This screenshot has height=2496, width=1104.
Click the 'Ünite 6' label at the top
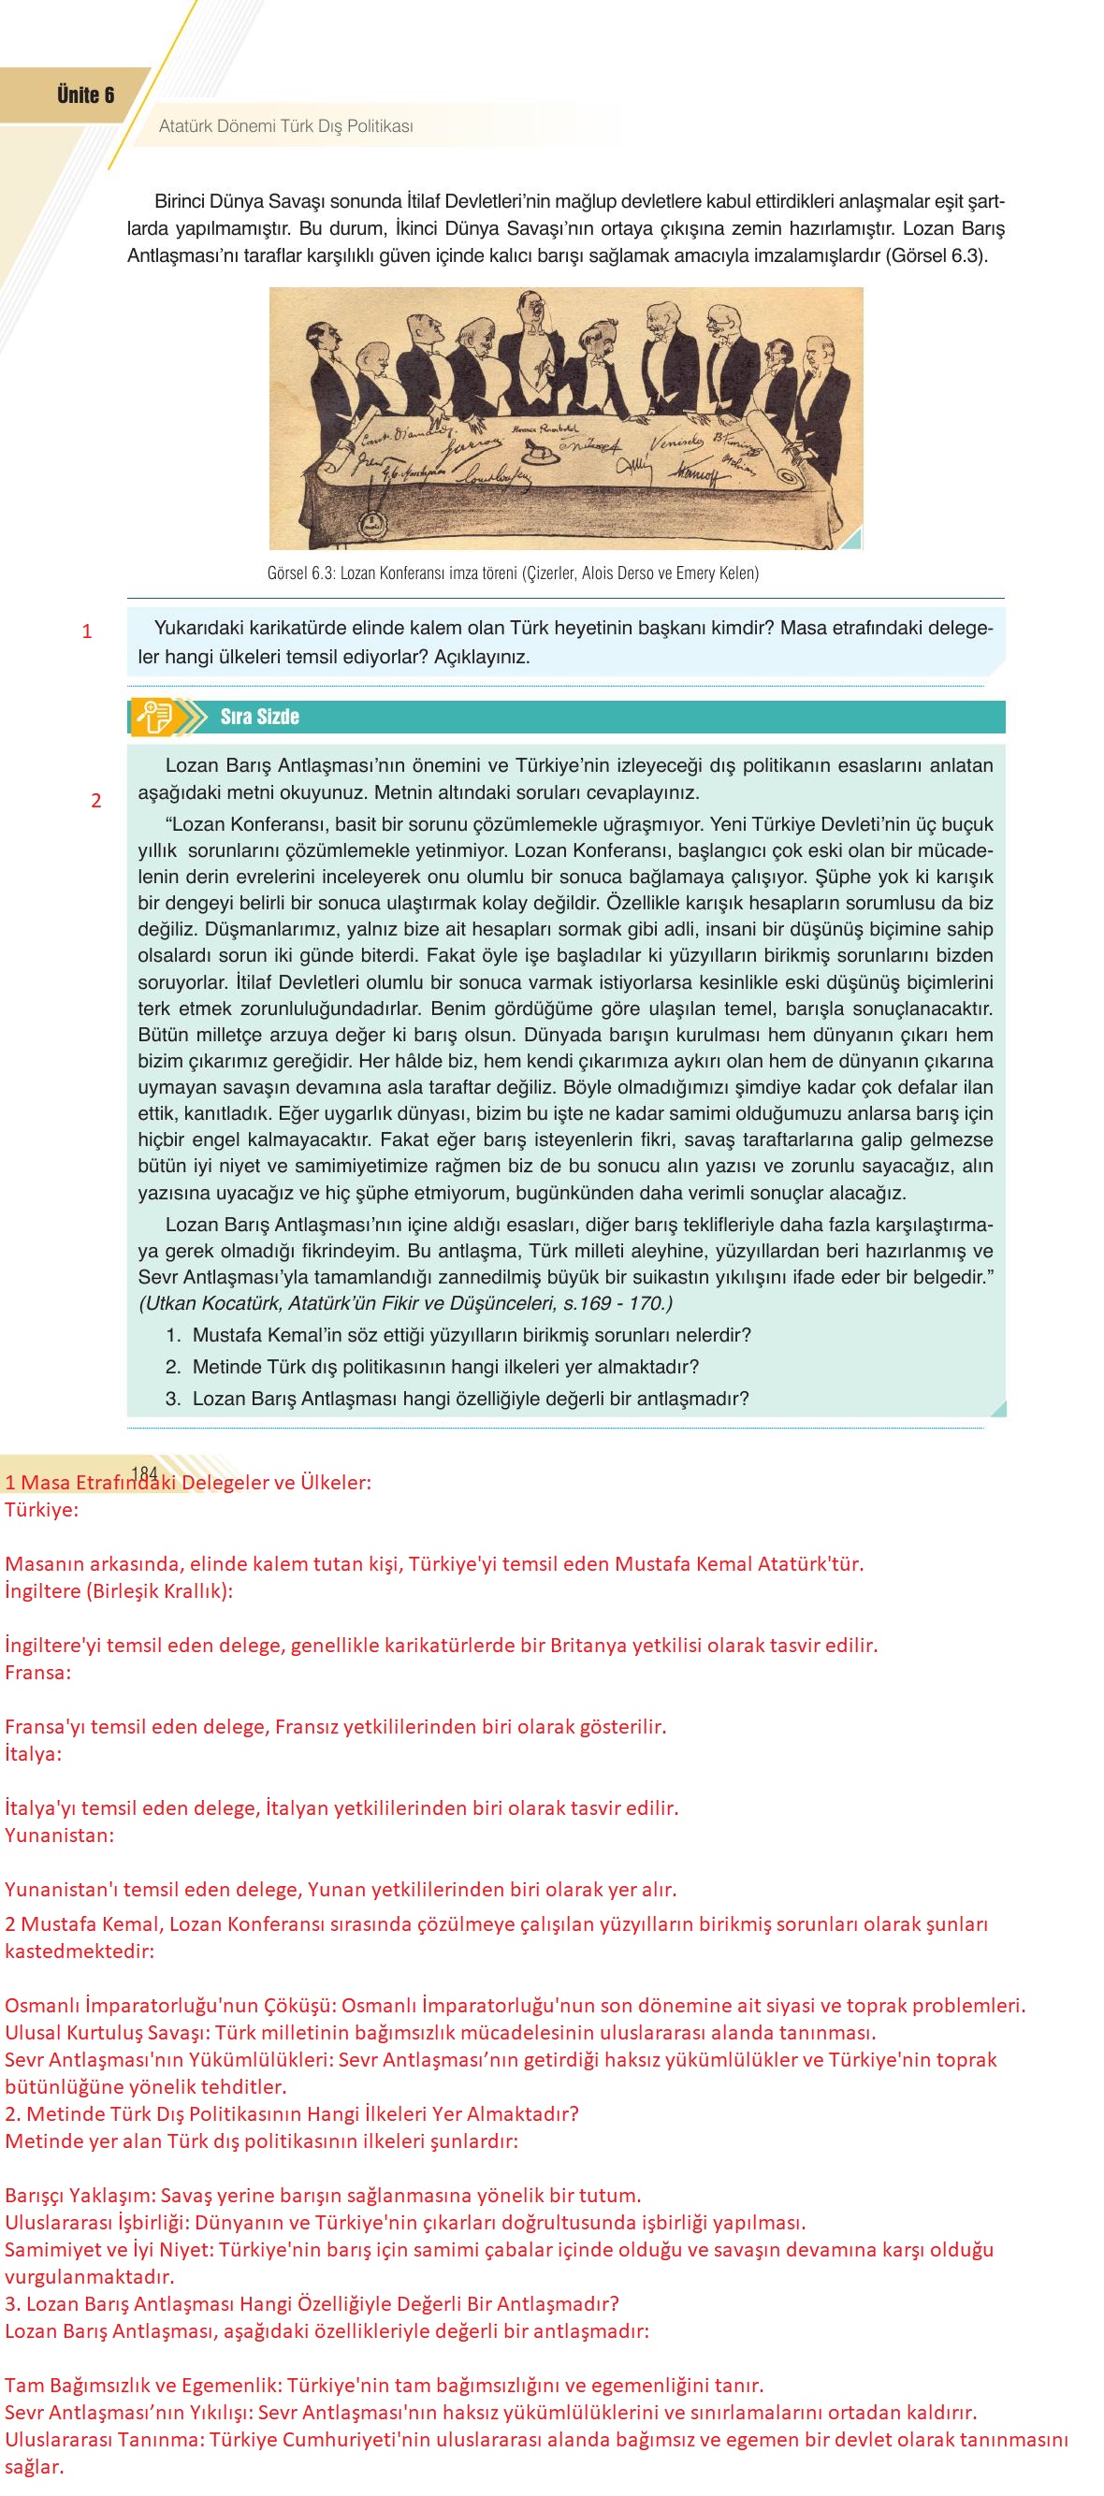[85, 95]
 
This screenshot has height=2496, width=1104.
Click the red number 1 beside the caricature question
[87, 631]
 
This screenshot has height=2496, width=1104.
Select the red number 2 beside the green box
[96, 801]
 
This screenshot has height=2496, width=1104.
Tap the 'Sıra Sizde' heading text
[260, 717]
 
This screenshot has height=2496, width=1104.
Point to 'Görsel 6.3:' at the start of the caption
[300, 573]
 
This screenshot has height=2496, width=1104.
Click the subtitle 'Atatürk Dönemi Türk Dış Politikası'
[286, 126]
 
